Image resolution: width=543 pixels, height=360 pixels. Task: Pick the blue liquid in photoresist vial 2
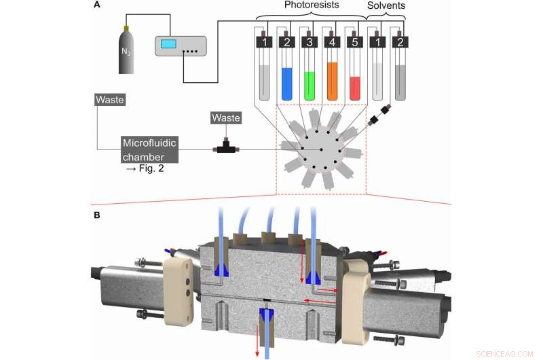click(x=286, y=83)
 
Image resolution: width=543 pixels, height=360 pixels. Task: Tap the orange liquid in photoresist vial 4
click(x=332, y=81)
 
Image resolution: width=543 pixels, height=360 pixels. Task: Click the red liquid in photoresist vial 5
click(x=354, y=88)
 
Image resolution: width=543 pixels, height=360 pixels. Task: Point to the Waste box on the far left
click(x=109, y=101)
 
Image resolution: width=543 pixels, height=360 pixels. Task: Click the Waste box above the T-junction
click(x=226, y=118)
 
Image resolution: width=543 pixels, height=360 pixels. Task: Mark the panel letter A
click(x=98, y=5)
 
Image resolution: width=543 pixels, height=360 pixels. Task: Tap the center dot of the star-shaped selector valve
click(x=321, y=149)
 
